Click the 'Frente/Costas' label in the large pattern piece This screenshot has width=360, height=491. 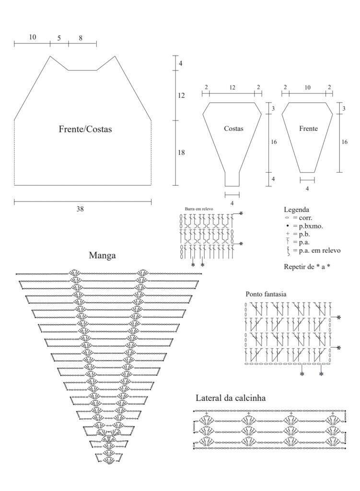point(85,129)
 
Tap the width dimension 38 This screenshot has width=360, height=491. point(80,209)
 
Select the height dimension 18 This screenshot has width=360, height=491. point(181,152)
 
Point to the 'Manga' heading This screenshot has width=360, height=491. point(103,256)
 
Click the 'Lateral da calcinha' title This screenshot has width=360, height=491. point(231,398)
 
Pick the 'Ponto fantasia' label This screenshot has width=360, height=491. point(266,294)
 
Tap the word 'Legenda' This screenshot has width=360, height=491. point(296,210)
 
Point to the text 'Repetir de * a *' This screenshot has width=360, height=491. point(307,267)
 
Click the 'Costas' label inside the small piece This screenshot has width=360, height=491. point(233,129)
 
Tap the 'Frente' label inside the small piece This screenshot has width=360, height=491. point(308,129)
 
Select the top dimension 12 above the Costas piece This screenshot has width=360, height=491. point(232,88)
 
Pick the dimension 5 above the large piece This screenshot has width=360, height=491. point(59,38)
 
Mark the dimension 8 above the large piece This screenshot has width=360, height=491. point(81,38)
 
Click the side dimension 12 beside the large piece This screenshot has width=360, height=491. point(181,95)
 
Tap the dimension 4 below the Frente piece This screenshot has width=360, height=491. point(307,189)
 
